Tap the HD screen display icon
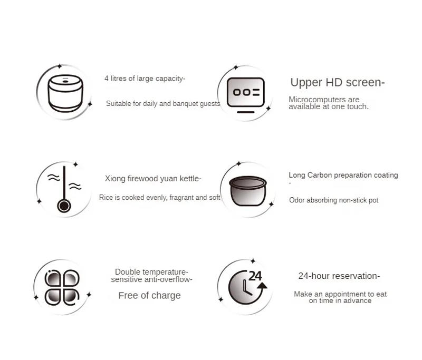coord(245,94)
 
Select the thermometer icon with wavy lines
coord(64,189)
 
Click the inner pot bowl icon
coord(247,191)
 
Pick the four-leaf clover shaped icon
coord(62,287)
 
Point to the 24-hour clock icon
coord(246,287)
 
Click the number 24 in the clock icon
coord(255,276)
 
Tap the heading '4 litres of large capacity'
coord(145,79)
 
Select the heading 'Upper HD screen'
coord(337,82)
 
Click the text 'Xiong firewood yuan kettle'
coord(153,179)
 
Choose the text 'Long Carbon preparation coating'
coord(343,175)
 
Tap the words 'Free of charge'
coord(149,296)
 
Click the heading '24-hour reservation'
coord(339,276)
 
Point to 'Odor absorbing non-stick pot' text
coord(333,200)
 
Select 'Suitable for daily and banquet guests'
coord(163,104)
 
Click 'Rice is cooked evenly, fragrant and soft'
coord(159,198)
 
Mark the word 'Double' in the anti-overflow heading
coord(127,272)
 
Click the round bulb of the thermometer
coord(64,206)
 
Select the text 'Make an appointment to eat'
coord(340,294)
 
